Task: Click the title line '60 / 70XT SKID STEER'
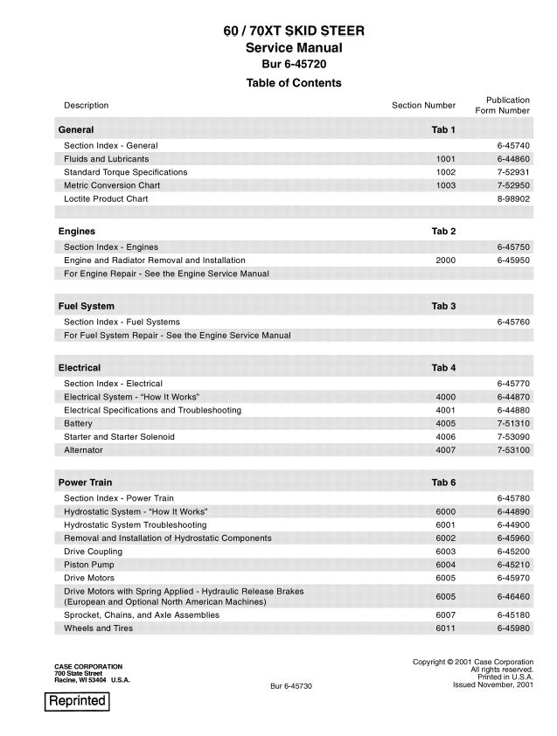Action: (x=293, y=31)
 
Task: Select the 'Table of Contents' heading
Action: (x=293, y=83)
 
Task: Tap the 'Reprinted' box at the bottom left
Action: (x=77, y=701)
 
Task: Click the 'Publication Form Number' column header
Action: (x=502, y=106)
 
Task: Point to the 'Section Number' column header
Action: (x=423, y=106)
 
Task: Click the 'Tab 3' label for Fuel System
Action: (x=443, y=307)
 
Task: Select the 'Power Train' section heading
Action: (x=85, y=483)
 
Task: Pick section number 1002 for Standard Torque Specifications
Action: (x=445, y=172)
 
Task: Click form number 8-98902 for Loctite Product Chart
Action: (x=513, y=199)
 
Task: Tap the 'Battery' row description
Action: (x=78, y=424)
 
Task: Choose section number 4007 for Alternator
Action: (x=445, y=450)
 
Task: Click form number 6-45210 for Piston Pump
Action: (x=513, y=566)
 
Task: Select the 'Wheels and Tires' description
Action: (x=99, y=628)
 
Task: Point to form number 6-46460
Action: (x=513, y=597)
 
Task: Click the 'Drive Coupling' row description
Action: (x=93, y=552)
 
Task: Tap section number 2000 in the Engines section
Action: (x=445, y=260)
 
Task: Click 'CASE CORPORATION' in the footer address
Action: (x=88, y=667)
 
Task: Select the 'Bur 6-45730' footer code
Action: (x=291, y=686)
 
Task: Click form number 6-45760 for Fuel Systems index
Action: (x=513, y=323)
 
